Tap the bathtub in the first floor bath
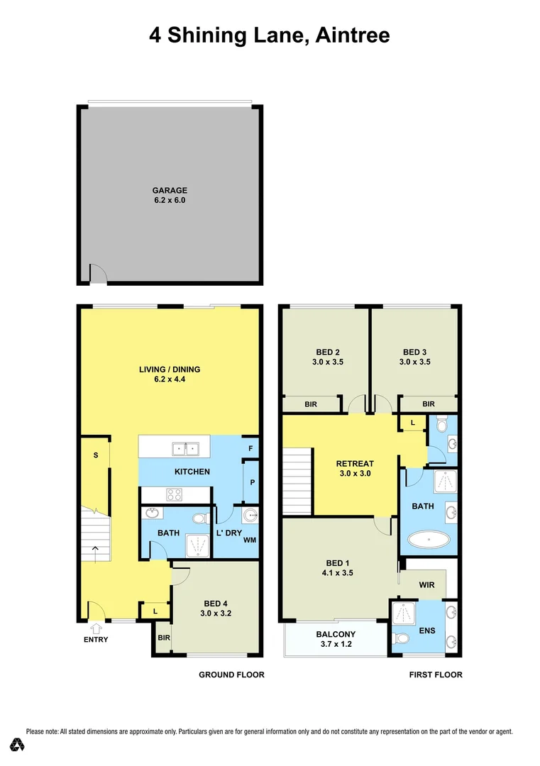pos(429,541)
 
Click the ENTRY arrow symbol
pos(97,627)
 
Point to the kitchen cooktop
pos(174,495)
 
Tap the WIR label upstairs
pos(426,585)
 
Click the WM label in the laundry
pos(249,540)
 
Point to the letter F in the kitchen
pos(250,448)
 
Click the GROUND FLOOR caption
pos(231,675)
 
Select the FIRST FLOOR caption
pos(436,675)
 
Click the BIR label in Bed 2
pos(311,404)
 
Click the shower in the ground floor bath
pos(197,544)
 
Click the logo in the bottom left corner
pos(17,744)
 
